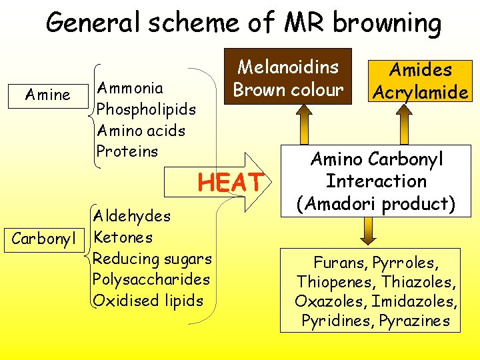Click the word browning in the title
tap(387, 24)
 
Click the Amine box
tap(47, 95)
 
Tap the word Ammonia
tap(130, 88)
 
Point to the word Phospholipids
tap(146, 109)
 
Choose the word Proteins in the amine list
tap(127, 151)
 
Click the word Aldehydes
tap(132, 216)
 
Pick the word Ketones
tap(123, 237)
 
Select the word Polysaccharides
tap(151, 279)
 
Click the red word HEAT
tap(231, 181)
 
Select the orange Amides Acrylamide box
tap(421, 81)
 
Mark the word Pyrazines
tap(415, 321)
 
